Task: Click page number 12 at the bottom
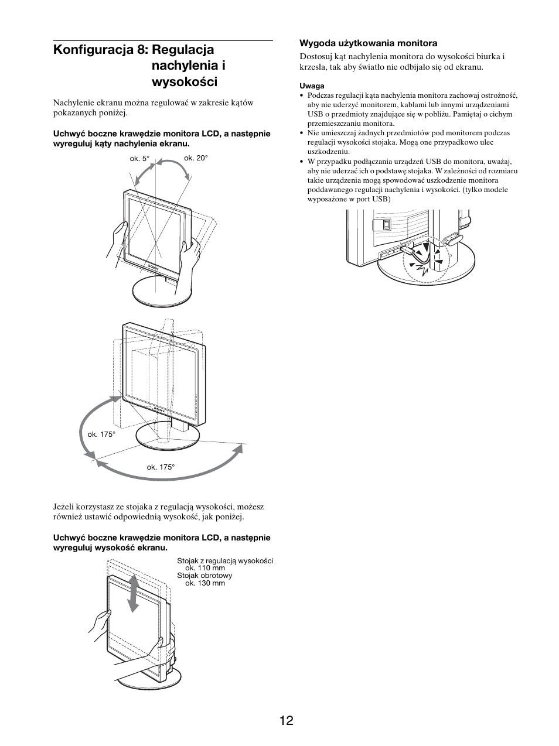coord(286,720)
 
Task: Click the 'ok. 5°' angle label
coord(139,159)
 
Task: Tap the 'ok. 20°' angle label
coord(196,158)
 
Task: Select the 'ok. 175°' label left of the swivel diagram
coord(101,434)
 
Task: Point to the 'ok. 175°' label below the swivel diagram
coord(161,467)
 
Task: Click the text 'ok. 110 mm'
coord(204,568)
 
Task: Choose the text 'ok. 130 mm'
coord(204,583)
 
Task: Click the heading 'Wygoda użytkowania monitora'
coord(369,43)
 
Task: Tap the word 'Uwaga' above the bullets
coord(312,85)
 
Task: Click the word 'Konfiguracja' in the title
coord(93,50)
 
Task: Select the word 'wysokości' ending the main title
coord(185,81)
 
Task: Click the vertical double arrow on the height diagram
coord(134,593)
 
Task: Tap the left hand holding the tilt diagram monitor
coord(116,240)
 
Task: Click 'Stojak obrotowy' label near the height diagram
coord(204,576)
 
